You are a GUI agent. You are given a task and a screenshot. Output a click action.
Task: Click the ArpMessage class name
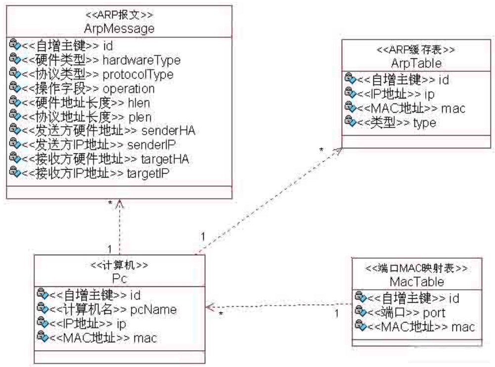pos(119,29)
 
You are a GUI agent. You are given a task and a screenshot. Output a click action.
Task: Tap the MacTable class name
pos(417,282)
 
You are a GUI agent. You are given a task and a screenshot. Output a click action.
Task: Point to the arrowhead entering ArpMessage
pos(119,202)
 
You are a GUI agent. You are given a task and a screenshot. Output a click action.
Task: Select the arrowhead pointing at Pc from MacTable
pos(209,308)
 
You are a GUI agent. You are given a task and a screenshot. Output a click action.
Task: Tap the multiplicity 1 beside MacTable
pos(336,314)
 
